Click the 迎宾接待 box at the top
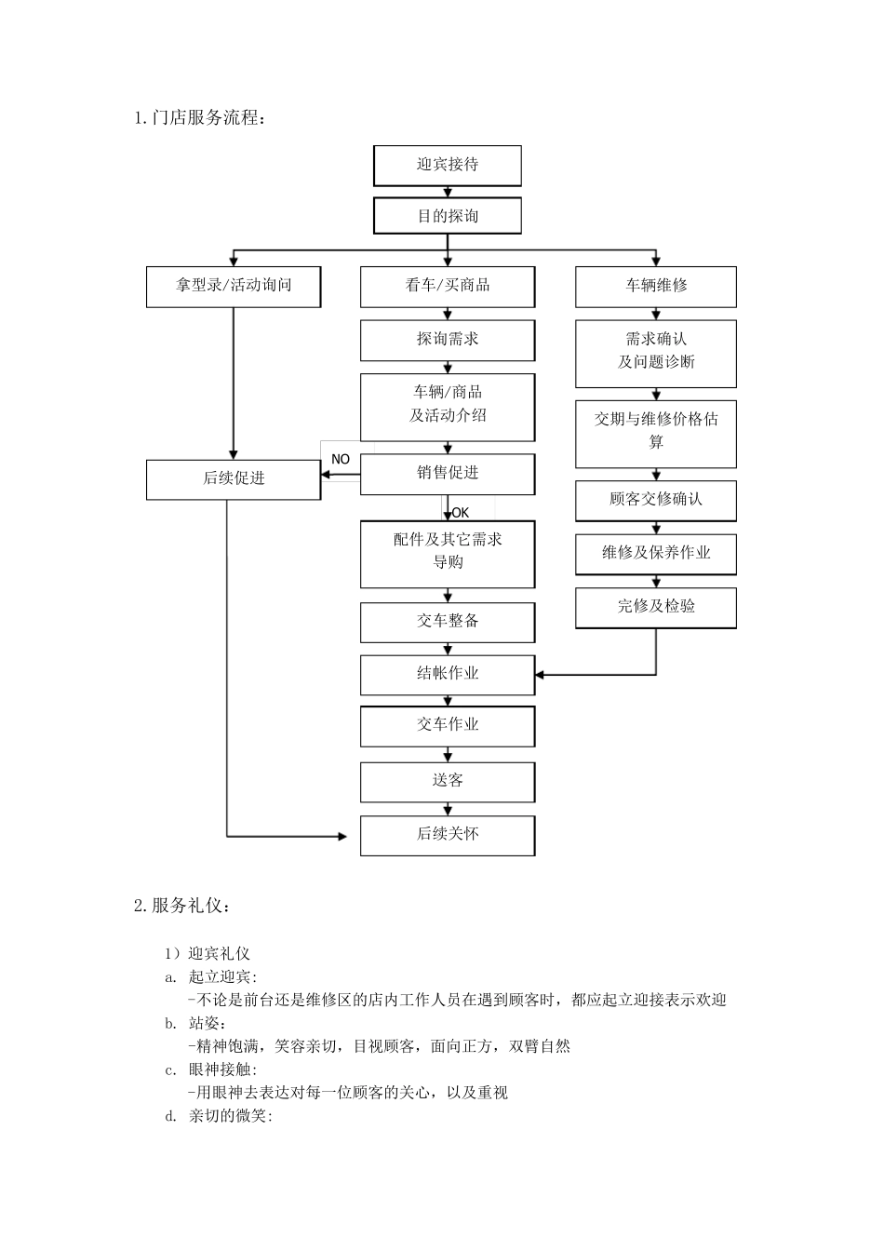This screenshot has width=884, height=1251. coord(447,165)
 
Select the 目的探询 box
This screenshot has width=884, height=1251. coord(447,216)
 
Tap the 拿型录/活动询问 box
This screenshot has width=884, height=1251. coord(234,286)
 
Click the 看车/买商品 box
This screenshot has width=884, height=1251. coord(447,286)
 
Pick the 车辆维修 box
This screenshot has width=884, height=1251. coord(655,286)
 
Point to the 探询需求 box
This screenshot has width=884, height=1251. coord(447,340)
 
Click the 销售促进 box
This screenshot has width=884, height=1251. coord(447,473)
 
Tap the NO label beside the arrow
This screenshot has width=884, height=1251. coord(341,459)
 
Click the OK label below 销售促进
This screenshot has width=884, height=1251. coord(460,512)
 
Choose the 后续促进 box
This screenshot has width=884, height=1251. coord(234,478)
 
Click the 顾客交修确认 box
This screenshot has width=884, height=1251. coord(655,500)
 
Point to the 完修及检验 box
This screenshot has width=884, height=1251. coord(655,607)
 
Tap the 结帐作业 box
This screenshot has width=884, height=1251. coord(447,674)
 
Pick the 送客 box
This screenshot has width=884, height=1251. coord(447,781)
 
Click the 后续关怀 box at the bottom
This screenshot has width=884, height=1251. coord(447,835)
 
